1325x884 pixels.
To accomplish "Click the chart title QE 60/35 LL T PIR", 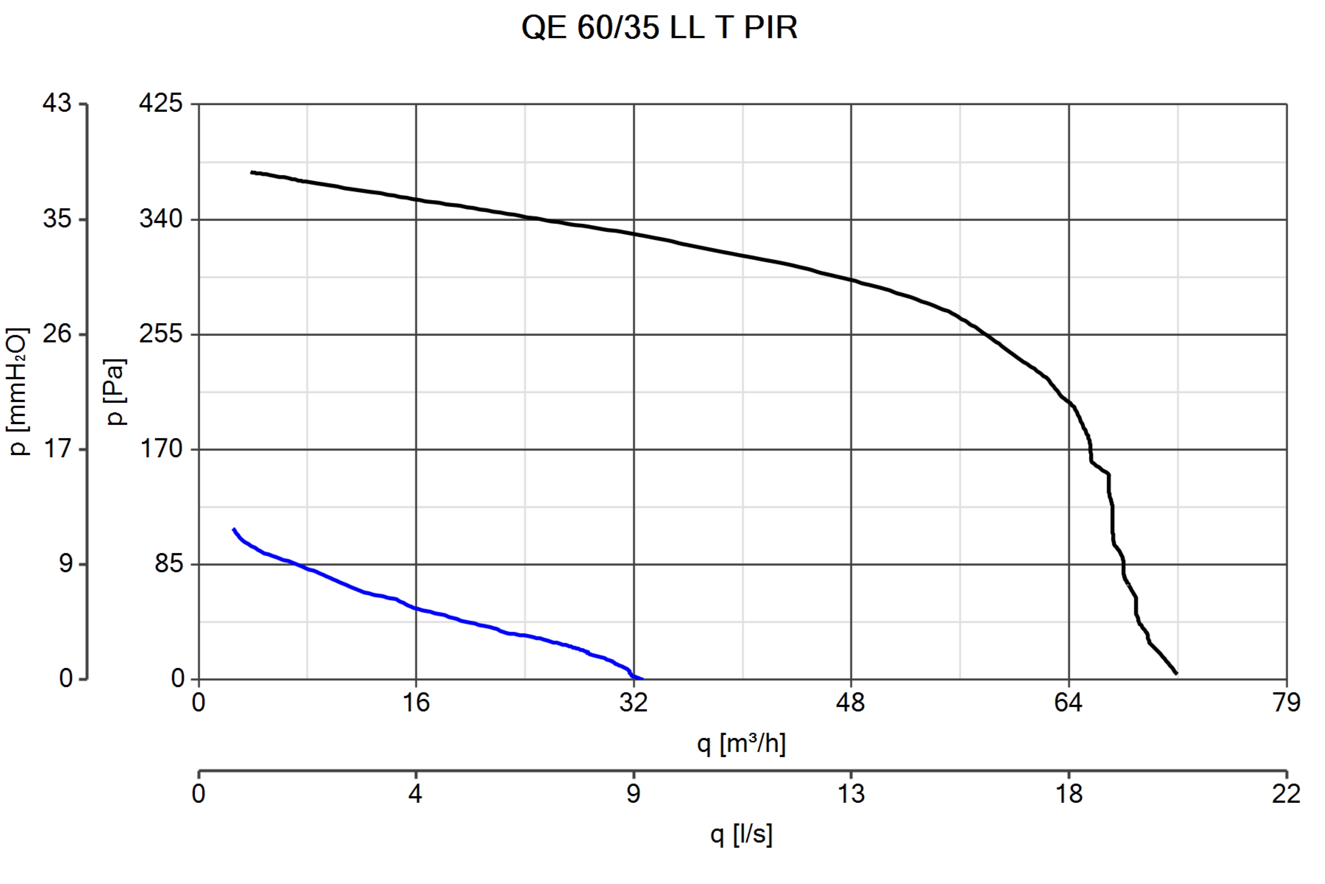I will tap(659, 27).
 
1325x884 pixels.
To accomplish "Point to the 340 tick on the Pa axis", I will tap(161, 219).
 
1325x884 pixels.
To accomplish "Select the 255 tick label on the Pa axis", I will tap(161, 334).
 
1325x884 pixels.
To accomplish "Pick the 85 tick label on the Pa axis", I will tap(169, 564).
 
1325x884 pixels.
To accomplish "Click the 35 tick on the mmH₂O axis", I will tap(57, 219).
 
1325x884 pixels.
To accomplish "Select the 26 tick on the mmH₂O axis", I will tap(57, 334).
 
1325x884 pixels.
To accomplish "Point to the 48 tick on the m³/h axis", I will tap(851, 702).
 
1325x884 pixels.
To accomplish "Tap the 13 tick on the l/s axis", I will tap(851, 794).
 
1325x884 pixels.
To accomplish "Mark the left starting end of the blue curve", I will tap(234, 529).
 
